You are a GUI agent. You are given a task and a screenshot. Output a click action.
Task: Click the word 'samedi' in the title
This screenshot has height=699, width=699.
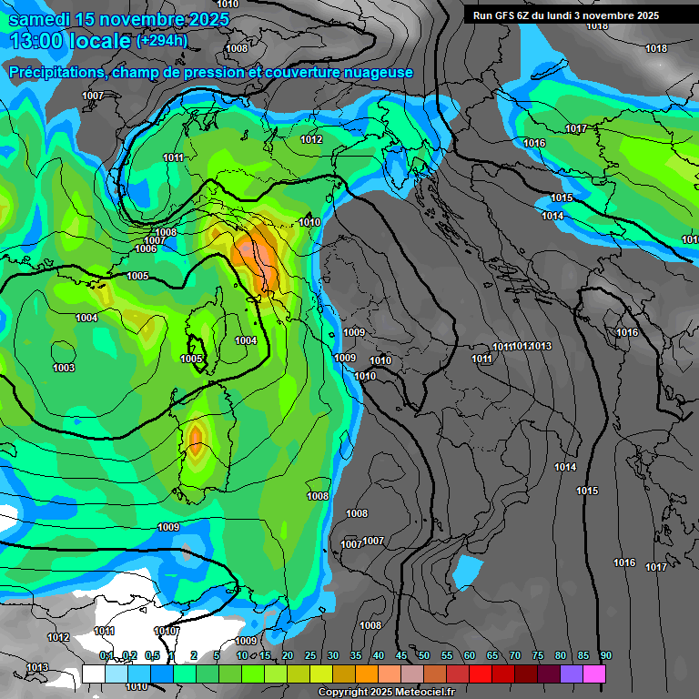click(40, 19)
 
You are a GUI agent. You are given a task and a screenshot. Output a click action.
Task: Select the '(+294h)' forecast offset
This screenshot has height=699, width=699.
click(162, 40)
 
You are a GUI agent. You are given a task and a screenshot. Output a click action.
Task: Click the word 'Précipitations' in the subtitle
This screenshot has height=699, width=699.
click(55, 72)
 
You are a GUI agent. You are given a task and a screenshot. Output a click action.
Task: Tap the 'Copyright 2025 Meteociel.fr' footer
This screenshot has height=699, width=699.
click(392, 692)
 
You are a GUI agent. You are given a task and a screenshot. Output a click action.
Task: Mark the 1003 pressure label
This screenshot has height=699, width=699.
click(64, 368)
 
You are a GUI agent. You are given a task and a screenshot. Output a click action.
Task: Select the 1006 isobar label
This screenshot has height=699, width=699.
click(146, 248)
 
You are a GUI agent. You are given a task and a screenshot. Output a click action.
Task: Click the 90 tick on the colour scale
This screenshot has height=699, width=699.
click(605, 656)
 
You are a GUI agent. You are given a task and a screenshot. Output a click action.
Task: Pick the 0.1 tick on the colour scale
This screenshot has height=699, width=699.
click(106, 656)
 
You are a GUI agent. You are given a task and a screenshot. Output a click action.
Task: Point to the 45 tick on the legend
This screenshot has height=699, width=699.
click(401, 656)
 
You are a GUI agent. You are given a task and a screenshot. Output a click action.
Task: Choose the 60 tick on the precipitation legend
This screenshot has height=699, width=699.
click(470, 656)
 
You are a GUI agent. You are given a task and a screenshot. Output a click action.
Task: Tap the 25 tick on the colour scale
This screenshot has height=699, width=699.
click(310, 656)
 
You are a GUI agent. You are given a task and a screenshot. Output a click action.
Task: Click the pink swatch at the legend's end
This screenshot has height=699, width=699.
click(594, 674)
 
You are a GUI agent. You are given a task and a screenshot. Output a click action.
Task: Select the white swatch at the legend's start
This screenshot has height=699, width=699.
click(93, 674)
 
